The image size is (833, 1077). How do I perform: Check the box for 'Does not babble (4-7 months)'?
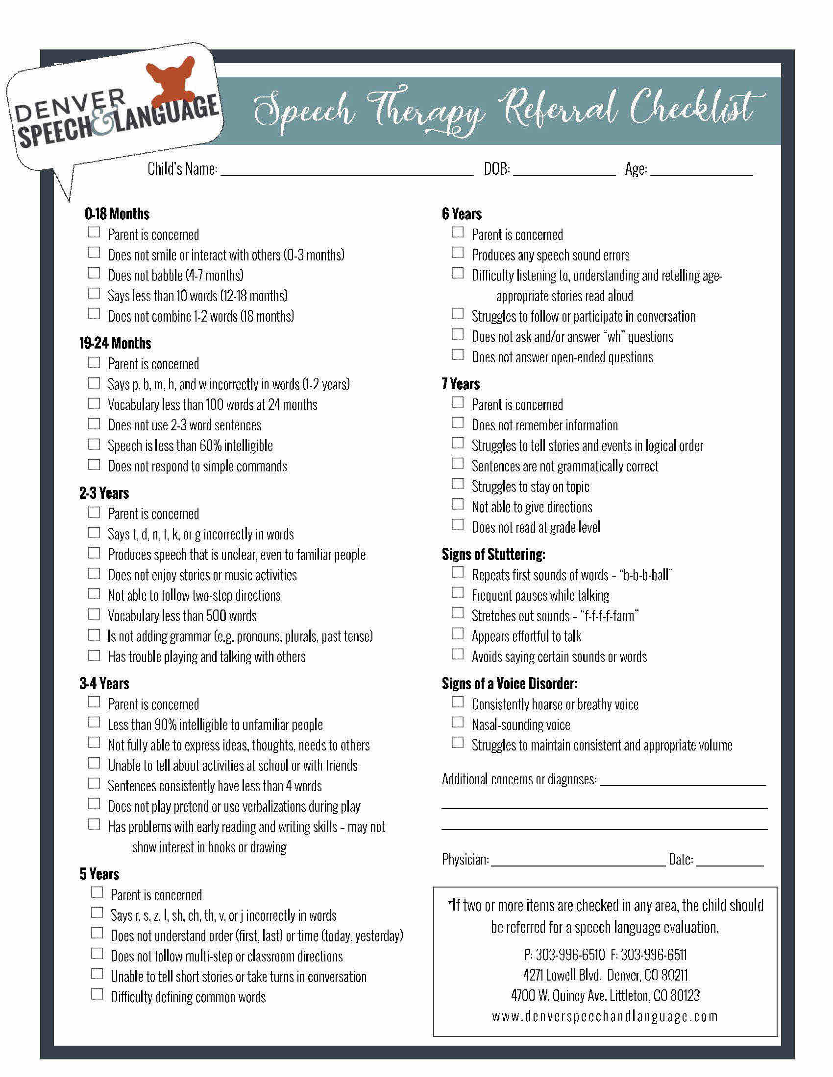(x=94, y=273)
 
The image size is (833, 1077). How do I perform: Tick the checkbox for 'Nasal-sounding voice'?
(x=458, y=722)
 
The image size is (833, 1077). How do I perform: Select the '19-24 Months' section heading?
(x=115, y=343)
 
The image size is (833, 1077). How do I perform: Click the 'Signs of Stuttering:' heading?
(x=493, y=554)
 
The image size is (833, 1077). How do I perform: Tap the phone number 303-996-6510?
(x=569, y=955)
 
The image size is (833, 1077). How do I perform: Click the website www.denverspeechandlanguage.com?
(x=605, y=1016)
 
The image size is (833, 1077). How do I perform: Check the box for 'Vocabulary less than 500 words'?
(x=94, y=614)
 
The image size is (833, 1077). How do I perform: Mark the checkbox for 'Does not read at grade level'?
(x=458, y=525)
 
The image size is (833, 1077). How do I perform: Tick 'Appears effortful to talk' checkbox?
(x=458, y=633)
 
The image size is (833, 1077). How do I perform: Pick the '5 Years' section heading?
(x=99, y=874)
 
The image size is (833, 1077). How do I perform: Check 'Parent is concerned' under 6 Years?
(x=458, y=232)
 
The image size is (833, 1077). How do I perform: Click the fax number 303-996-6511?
(x=653, y=955)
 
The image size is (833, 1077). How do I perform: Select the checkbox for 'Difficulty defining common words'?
(x=97, y=994)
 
